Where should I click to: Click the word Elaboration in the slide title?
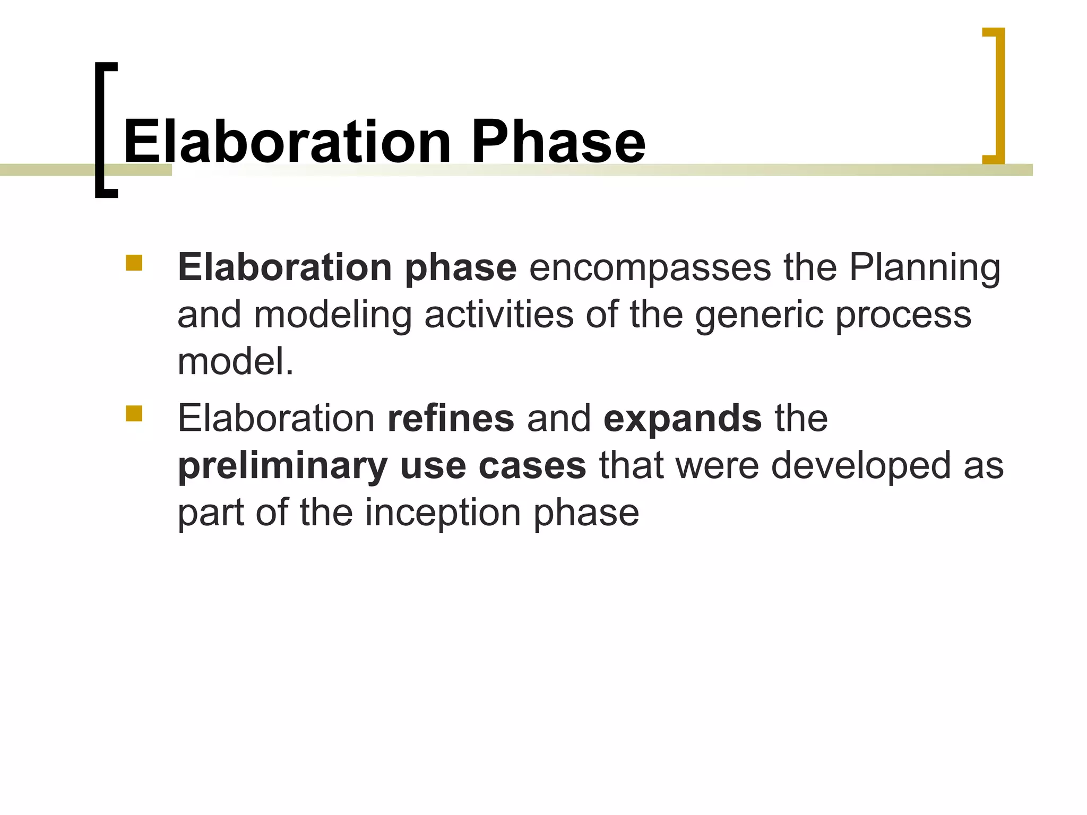pos(287,142)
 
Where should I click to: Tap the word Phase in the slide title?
pos(558,142)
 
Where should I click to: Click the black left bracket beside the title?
pos(101,130)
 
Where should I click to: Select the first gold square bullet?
pos(134,263)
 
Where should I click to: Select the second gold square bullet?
pos(134,413)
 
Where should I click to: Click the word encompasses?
pos(650,267)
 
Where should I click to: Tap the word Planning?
pos(924,268)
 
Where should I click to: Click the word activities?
pos(499,315)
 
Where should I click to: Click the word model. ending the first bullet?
pos(235,362)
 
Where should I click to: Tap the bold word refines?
pos(451,418)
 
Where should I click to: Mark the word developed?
pos(860,466)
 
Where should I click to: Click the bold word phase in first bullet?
pos(460,268)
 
